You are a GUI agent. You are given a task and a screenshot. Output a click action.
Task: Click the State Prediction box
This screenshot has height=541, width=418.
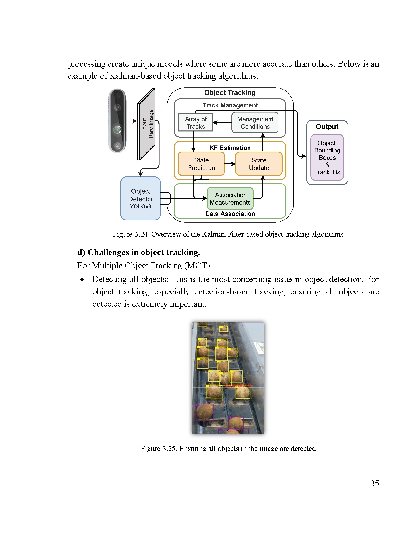pyautogui.click(x=201, y=164)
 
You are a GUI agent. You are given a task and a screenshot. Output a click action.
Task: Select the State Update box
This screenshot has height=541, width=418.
pyautogui.click(x=259, y=164)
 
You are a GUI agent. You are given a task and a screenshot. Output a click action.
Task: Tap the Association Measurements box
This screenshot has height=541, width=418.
pyautogui.click(x=230, y=199)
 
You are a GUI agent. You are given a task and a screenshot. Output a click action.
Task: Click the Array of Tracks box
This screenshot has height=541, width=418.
pyautogui.click(x=195, y=123)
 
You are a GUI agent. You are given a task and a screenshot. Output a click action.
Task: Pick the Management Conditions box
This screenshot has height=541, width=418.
pyautogui.click(x=255, y=123)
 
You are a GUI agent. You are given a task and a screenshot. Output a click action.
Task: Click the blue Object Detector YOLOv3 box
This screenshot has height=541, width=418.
pyautogui.click(x=141, y=198)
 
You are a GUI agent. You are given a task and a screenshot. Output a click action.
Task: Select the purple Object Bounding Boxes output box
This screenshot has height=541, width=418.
pyautogui.click(x=327, y=157)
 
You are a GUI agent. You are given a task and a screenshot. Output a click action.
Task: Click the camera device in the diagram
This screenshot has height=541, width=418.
pyautogui.click(x=117, y=121)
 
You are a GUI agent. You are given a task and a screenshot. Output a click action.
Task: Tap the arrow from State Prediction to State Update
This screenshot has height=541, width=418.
pyautogui.click(x=230, y=164)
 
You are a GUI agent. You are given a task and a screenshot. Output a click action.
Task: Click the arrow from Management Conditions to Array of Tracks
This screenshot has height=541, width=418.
pyautogui.click(x=222, y=123)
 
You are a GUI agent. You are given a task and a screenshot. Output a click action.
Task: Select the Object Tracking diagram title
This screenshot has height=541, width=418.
pyautogui.click(x=230, y=93)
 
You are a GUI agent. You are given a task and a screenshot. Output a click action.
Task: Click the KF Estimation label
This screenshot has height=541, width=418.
pyautogui.click(x=230, y=148)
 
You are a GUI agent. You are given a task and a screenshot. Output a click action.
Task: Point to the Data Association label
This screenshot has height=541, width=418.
pyautogui.click(x=230, y=214)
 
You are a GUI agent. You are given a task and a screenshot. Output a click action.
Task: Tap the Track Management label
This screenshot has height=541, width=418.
pyautogui.click(x=230, y=105)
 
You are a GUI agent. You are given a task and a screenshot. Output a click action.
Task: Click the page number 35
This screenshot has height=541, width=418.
pyautogui.click(x=375, y=483)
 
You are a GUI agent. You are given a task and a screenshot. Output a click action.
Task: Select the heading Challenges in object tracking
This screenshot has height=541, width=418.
pyautogui.click(x=139, y=252)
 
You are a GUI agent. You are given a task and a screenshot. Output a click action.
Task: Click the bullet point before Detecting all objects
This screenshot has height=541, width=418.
pyautogui.click(x=82, y=280)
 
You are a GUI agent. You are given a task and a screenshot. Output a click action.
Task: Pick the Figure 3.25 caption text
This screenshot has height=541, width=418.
pyautogui.click(x=228, y=448)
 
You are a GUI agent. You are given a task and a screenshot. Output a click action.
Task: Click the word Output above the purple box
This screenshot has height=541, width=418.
pyautogui.click(x=327, y=127)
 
